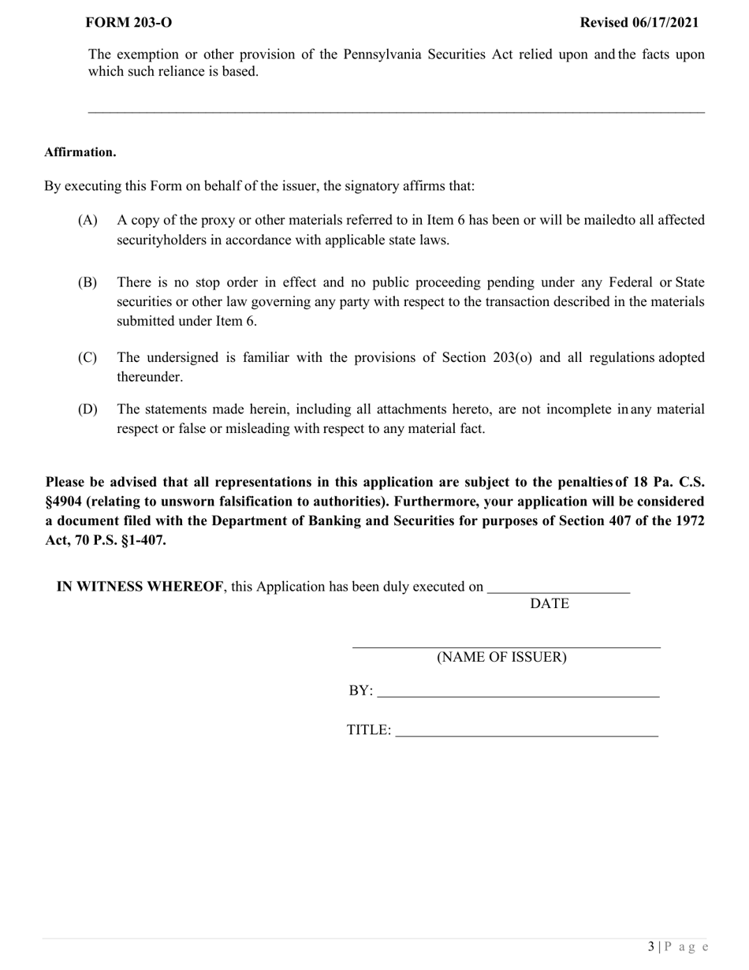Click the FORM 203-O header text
pos(128,23)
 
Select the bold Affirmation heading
pos(80,152)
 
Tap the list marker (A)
pos(88,220)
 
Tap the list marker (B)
pos(88,282)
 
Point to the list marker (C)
pos(88,358)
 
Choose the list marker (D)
pos(88,409)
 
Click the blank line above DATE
pos(558,588)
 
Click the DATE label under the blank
pos(549,604)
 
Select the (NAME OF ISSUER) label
pos(501,657)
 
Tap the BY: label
pos(360,691)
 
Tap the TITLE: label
pos(368,730)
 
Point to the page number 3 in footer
pos(651,946)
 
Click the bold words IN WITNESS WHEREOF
pos(140,587)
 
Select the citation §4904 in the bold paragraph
pos(64,502)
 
